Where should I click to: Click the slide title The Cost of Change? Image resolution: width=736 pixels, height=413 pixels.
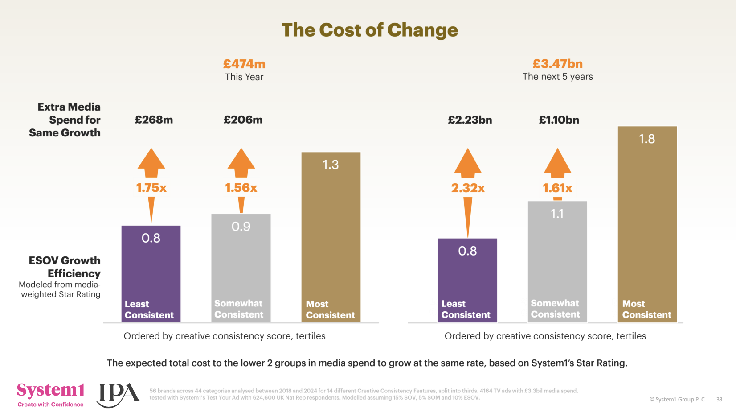(x=369, y=30)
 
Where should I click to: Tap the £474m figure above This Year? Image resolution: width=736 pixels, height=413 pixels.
(x=244, y=64)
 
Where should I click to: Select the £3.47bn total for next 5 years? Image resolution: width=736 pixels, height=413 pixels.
(x=557, y=64)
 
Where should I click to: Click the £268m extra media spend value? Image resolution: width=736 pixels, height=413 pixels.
(x=154, y=120)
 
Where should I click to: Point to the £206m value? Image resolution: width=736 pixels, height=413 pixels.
(x=243, y=120)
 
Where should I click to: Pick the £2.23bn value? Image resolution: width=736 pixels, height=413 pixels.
(x=470, y=120)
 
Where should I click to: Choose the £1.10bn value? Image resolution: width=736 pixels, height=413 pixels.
(x=559, y=120)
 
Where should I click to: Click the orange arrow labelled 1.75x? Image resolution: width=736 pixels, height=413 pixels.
(x=151, y=163)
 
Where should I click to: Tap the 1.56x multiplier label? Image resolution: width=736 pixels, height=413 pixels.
(x=241, y=188)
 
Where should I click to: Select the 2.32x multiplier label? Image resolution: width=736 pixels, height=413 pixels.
(x=467, y=188)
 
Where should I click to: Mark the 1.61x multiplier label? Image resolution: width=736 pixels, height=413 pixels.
(x=557, y=188)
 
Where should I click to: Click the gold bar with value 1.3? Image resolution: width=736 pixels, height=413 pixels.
(x=331, y=236)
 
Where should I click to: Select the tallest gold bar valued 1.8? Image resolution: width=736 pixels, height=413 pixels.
(x=647, y=223)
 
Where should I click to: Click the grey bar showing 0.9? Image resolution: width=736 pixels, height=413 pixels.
(x=241, y=268)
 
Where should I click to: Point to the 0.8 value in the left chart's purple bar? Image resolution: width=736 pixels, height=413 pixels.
(x=151, y=238)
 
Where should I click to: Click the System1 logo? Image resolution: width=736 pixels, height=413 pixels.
(x=50, y=394)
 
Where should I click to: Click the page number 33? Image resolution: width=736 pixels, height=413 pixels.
(x=719, y=399)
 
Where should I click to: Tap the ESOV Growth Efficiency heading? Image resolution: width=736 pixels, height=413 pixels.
(x=65, y=267)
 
